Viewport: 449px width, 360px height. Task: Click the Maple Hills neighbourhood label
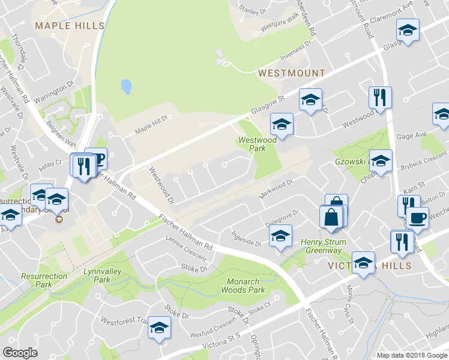[x=70, y=26]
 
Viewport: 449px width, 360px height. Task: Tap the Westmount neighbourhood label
[x=291, y=73]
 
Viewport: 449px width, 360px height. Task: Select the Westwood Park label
[x=258, y=143]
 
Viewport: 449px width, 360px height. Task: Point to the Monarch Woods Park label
[x=246, y=286]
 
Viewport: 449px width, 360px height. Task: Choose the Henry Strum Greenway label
[x=321, y=246]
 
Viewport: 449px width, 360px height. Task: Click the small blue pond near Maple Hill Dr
[x=126, y=87]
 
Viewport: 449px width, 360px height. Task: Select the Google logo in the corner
[x=20, y=352]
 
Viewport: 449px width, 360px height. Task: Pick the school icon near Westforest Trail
[x=159, y=328]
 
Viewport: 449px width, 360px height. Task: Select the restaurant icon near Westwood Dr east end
[x=380, y=98]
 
